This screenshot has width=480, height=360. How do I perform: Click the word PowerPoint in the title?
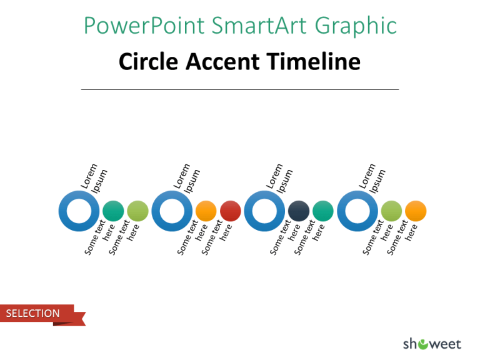(143, 26)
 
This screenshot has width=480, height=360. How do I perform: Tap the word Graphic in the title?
(356, 26)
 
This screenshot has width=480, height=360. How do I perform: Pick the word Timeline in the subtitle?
(313, 62)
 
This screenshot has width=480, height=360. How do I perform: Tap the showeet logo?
(432, 343)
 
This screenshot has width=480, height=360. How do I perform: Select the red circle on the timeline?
(231, 211)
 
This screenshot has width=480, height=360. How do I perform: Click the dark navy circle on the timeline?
(299, 211)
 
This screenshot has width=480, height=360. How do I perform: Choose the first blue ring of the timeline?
(79, 211)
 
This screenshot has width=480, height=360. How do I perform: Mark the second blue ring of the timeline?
(172, 211)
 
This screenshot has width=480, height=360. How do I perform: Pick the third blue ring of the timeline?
(265, 211)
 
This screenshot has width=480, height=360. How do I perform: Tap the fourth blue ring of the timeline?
(357, 211)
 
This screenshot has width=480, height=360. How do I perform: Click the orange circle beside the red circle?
(206, 211)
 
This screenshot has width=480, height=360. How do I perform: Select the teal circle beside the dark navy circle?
(323, 211)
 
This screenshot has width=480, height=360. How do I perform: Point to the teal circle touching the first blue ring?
(113, 211)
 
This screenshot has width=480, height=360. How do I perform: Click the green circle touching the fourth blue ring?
(391, 211)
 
